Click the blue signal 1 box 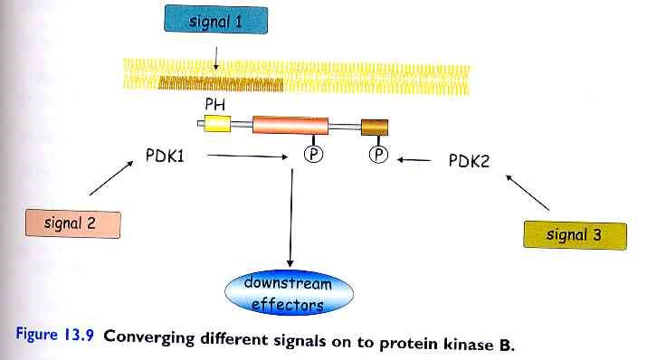click(x=215, y=19)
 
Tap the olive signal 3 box click(x=575, y=235)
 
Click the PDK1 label click(x=165, y=157)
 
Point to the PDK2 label click(x=470, y=162)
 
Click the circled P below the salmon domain click(x=309, y=156)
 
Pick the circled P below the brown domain click(x=379, y=156)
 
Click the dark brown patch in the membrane click(x=221, y=84)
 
